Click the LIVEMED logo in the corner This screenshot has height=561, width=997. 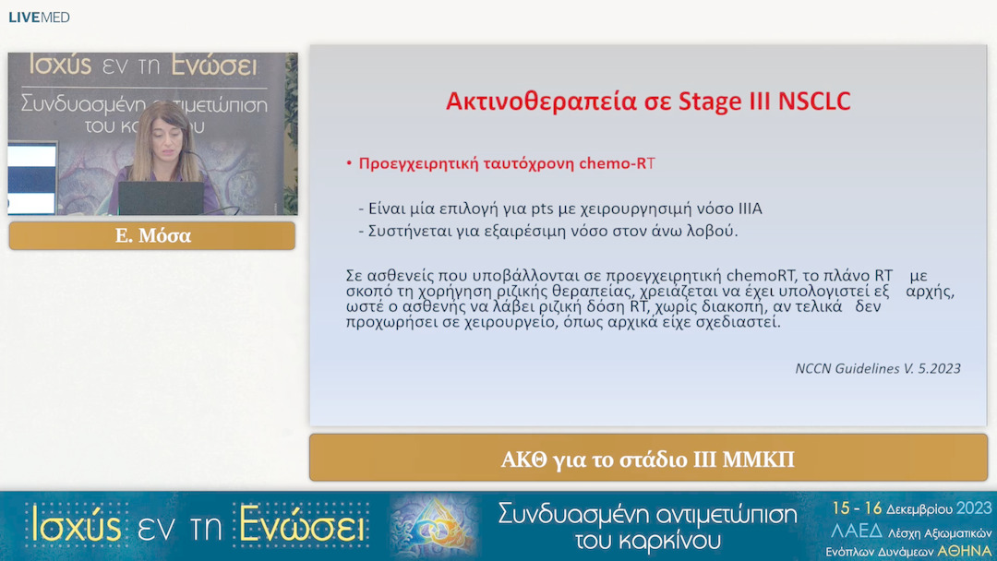[39, 18]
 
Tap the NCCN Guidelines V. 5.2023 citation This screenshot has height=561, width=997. [877, 368]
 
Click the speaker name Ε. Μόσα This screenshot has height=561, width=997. [152, 236]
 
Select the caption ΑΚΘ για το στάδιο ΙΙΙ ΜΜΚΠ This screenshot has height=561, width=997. [648, 459]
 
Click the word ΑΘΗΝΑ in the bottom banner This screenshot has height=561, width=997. [964, 551]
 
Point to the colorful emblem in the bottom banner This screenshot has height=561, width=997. [434, 526]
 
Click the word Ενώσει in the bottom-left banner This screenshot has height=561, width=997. [301, 524]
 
